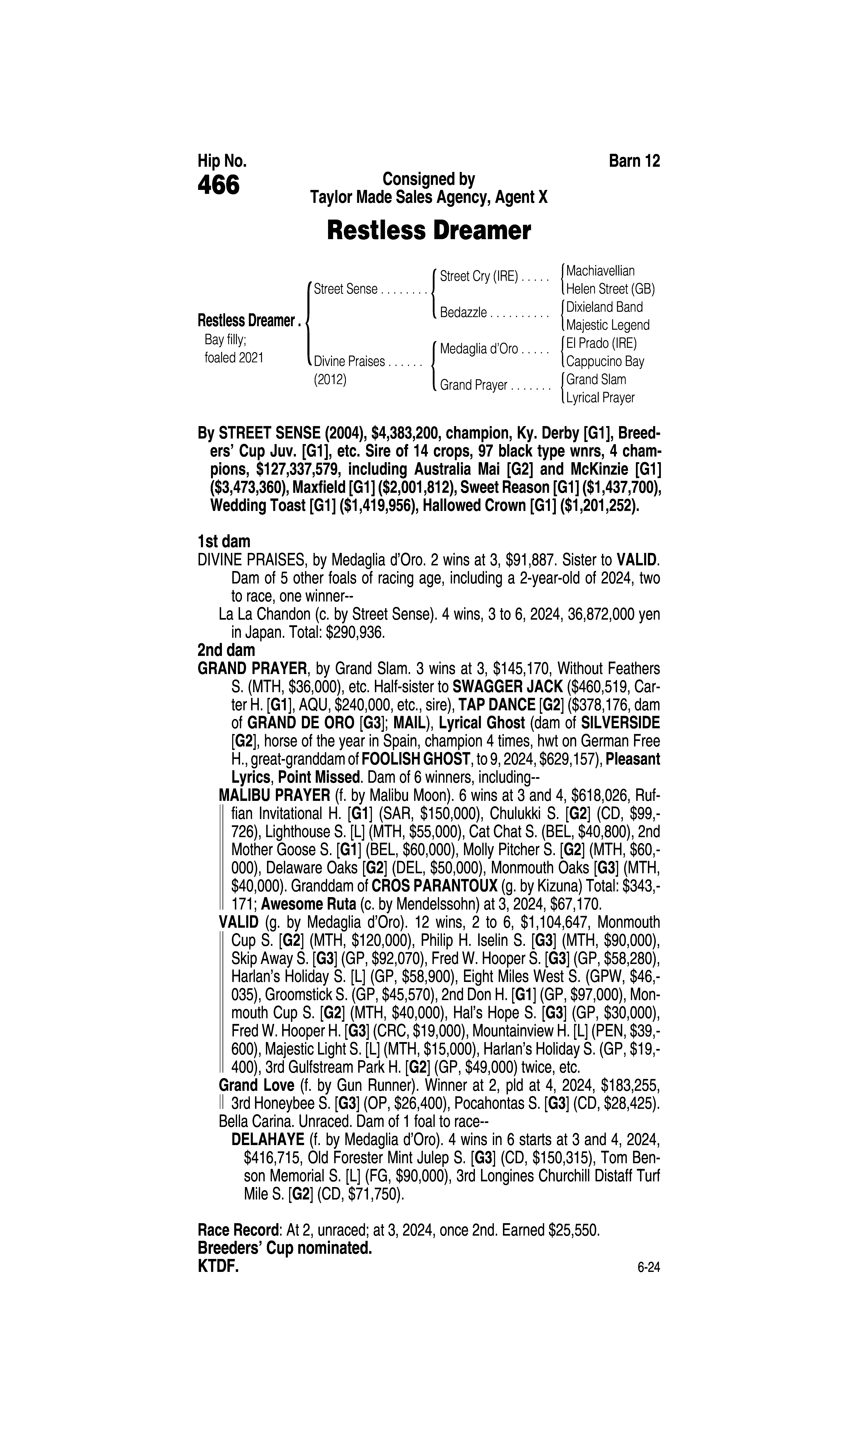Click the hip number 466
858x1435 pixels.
point(219,186)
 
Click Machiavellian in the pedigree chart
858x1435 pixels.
point(600,271)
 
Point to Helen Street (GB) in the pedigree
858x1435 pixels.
point(610,289)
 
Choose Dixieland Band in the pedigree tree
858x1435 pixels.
point(604,307)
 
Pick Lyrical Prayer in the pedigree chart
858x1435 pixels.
point(600,398)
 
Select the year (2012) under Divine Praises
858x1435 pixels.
point(329,380)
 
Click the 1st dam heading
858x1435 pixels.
point(224,542)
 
